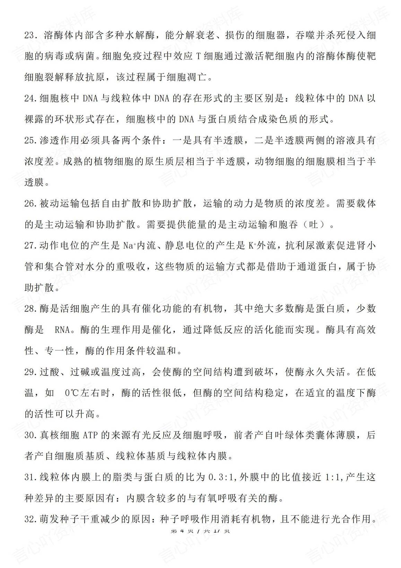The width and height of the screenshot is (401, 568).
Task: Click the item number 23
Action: [30, 36]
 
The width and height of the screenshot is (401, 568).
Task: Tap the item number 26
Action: [30, 204]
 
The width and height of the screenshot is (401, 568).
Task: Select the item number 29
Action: [30, 372]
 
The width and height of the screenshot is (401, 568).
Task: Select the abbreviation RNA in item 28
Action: [62, 330]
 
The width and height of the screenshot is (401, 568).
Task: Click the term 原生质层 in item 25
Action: [155, 162]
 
